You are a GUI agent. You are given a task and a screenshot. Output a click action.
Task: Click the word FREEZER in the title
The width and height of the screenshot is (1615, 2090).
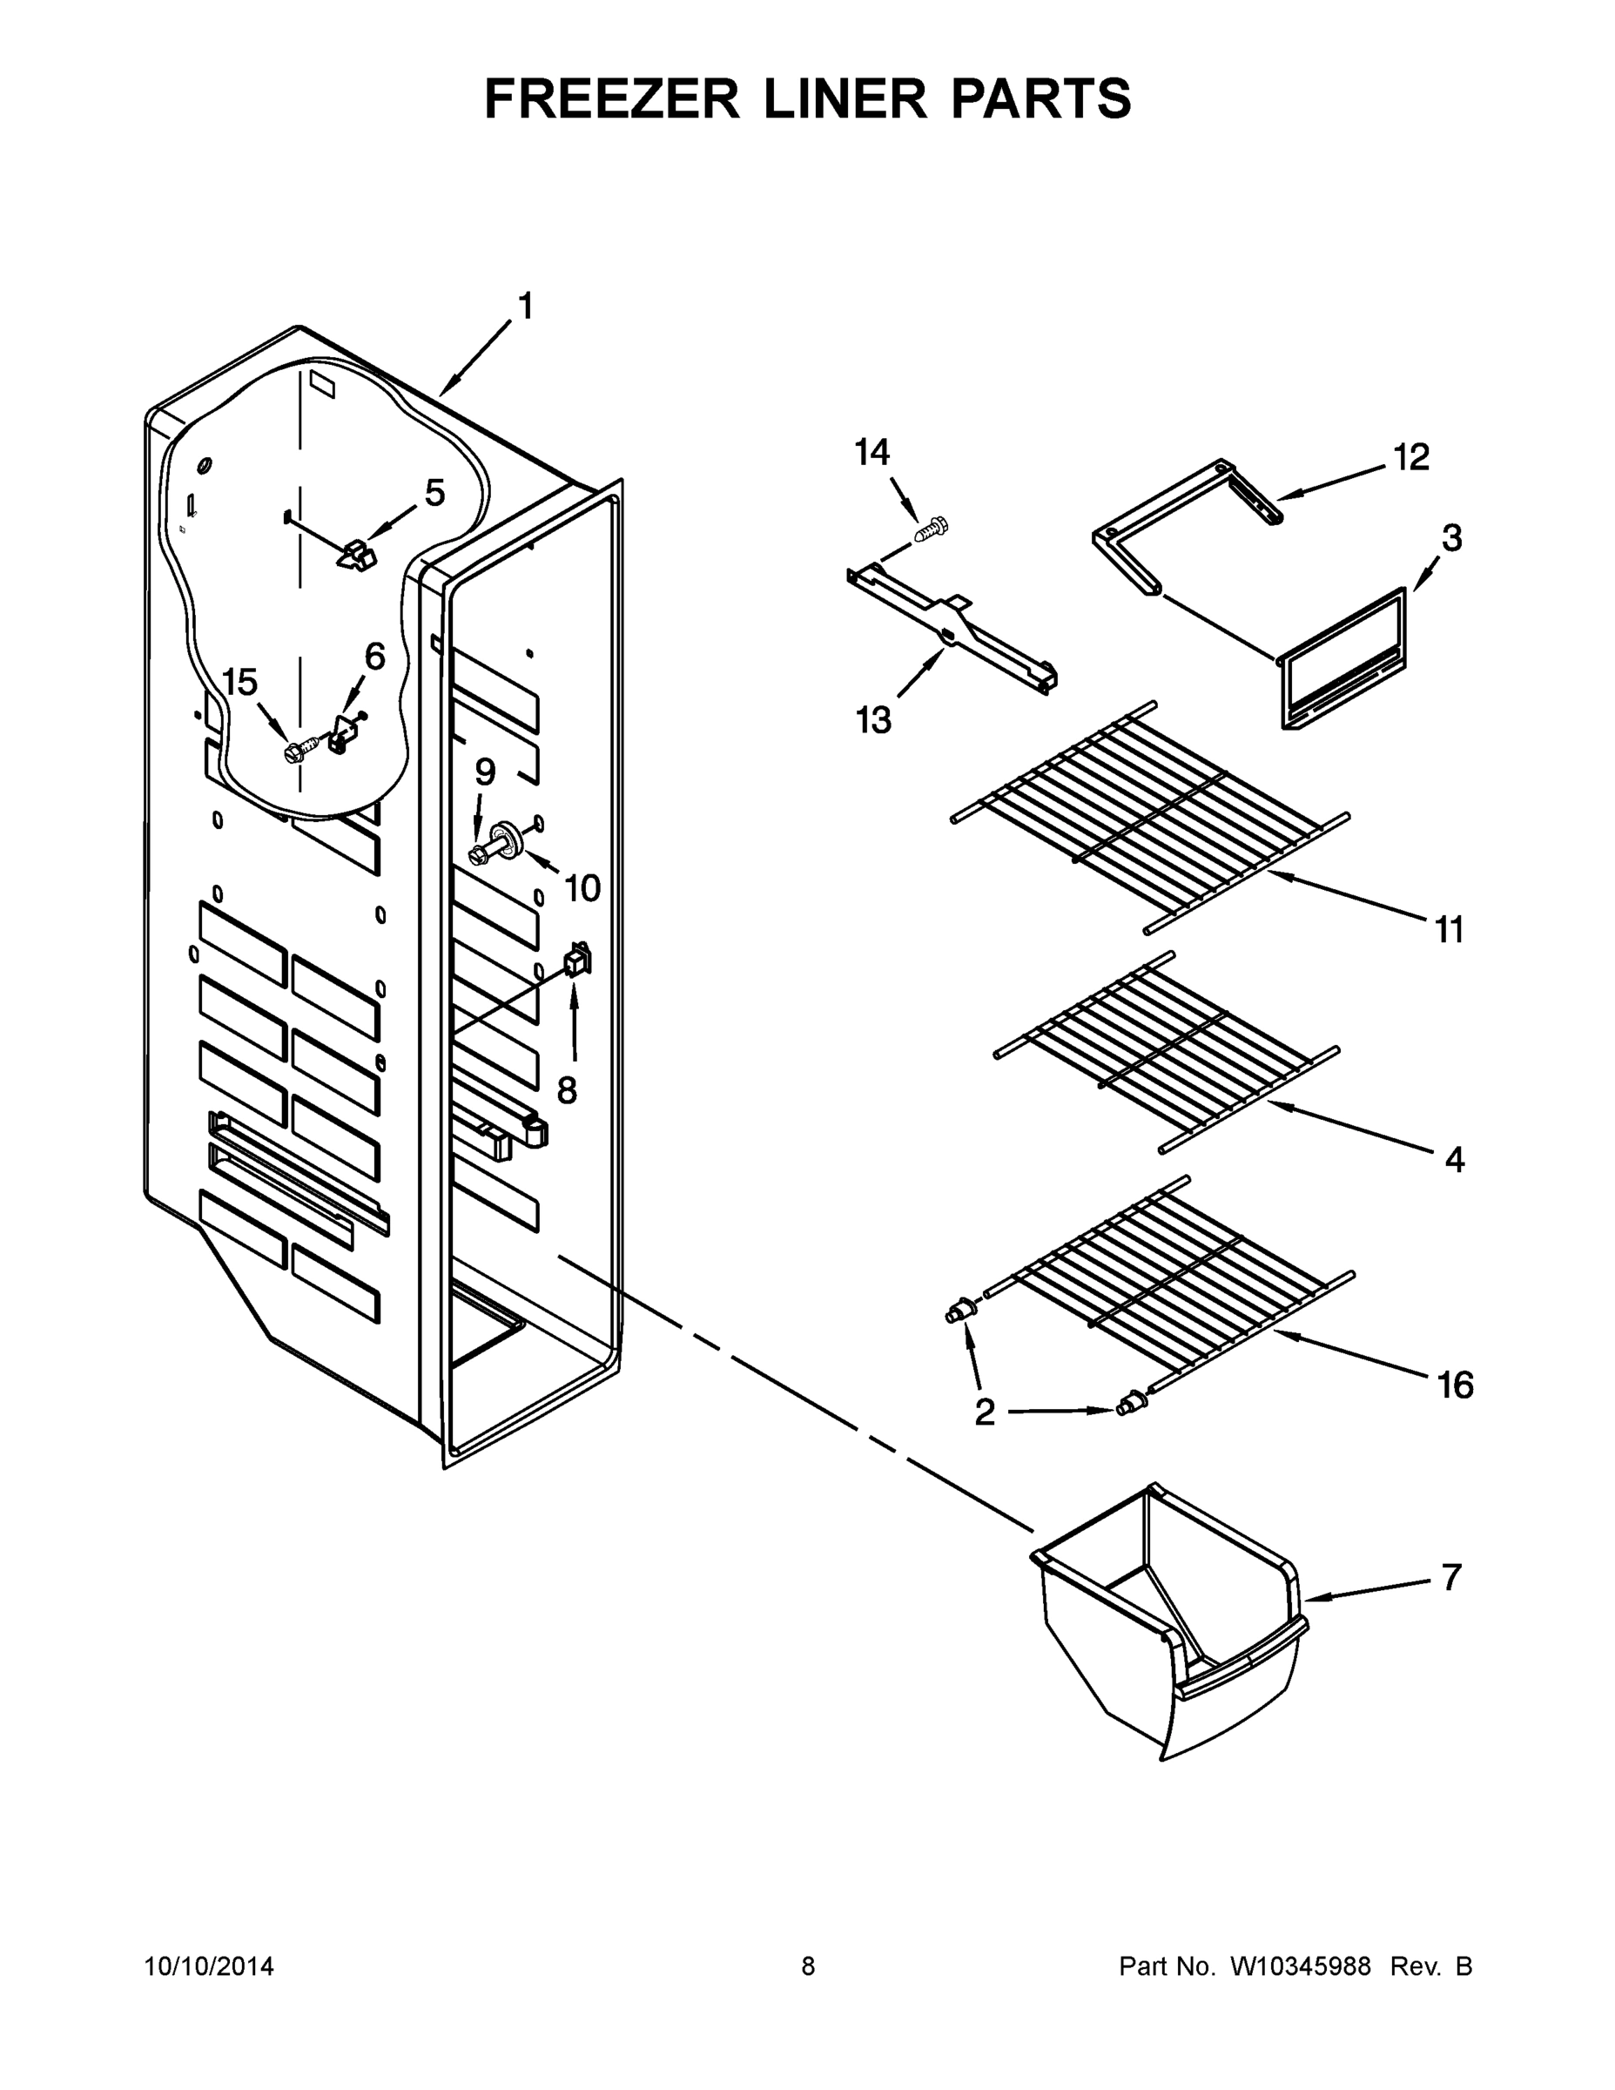click(x=612, y=98)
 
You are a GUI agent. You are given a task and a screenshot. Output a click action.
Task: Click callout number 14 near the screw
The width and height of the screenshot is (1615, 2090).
click(x=871, y=452)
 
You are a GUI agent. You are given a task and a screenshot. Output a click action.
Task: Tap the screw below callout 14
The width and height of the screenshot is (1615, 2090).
click(x=930, y=529)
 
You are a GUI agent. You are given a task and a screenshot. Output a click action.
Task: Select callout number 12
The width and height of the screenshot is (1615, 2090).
click(x=1410, y=457)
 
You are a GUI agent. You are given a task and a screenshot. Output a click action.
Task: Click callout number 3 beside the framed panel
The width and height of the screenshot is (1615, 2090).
click(x=1451, y=538)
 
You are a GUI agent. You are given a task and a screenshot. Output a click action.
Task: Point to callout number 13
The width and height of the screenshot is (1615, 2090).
click(x=872, y=718)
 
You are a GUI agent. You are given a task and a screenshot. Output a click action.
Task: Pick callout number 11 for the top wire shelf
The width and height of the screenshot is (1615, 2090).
click(x=1450, y=928)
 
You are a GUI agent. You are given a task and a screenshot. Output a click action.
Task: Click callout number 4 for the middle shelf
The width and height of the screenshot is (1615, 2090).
click(x=1454, y=1160)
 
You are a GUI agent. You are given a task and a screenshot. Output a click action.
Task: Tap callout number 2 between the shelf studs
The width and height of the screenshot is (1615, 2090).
click(x=985, y=1412)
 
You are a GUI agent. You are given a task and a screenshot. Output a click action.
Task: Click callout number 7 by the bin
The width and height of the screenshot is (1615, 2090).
click(x=1451, y=1577)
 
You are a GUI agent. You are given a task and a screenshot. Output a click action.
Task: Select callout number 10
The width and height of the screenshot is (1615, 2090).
click(x=582, y=888)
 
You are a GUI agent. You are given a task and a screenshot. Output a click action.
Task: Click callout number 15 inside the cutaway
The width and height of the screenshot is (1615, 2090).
click(x=240, y=683)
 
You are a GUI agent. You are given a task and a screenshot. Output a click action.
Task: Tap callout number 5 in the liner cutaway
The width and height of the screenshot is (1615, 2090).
click(x=434, y=494)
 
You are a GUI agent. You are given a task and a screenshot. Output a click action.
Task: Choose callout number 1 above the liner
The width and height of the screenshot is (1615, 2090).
click(x=525, y=307)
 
